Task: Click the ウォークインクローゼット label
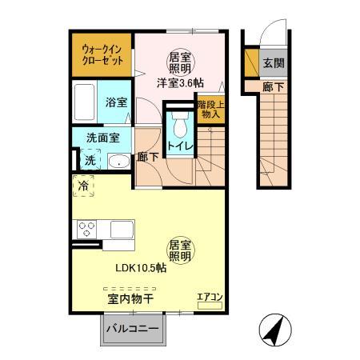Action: point(101,54)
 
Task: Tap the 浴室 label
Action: point(116,102)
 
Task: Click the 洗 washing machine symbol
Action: point(90,160)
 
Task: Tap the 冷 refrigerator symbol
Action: point(83,186)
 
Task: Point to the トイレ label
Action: point(178,146)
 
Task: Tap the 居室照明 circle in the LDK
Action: point(179,250)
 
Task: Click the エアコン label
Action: point(210,296)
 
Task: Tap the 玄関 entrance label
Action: point(272,62)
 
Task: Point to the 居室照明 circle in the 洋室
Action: point(179,62)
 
